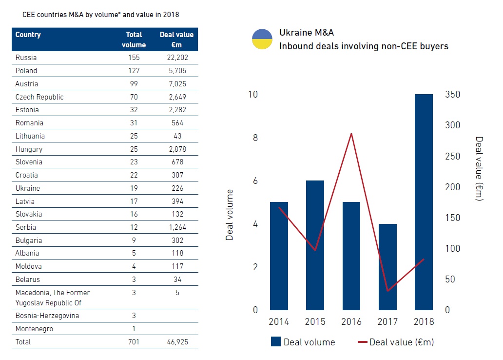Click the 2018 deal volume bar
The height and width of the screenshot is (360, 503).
[x=424, y=202]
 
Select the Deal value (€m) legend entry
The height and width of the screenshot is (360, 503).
[x=395, y=342]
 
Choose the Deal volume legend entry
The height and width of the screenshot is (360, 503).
[x=303, y=342]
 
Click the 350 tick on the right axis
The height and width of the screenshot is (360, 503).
[x=453, y=95]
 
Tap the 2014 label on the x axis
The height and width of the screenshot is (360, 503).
[x=279, y=322]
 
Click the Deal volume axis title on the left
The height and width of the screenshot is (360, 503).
[x=230, y=215]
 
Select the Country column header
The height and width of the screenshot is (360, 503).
[x=28, y=35]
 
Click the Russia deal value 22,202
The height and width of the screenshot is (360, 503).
[x=176, y=58]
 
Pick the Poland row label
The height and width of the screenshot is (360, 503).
[x=26, y=71]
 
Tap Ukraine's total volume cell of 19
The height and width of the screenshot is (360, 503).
[x=134, y=188]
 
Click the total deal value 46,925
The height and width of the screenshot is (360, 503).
[x=176, y=342]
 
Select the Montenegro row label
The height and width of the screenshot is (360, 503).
[x=34, y=329]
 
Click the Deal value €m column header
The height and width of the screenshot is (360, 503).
[x=176, y=40]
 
